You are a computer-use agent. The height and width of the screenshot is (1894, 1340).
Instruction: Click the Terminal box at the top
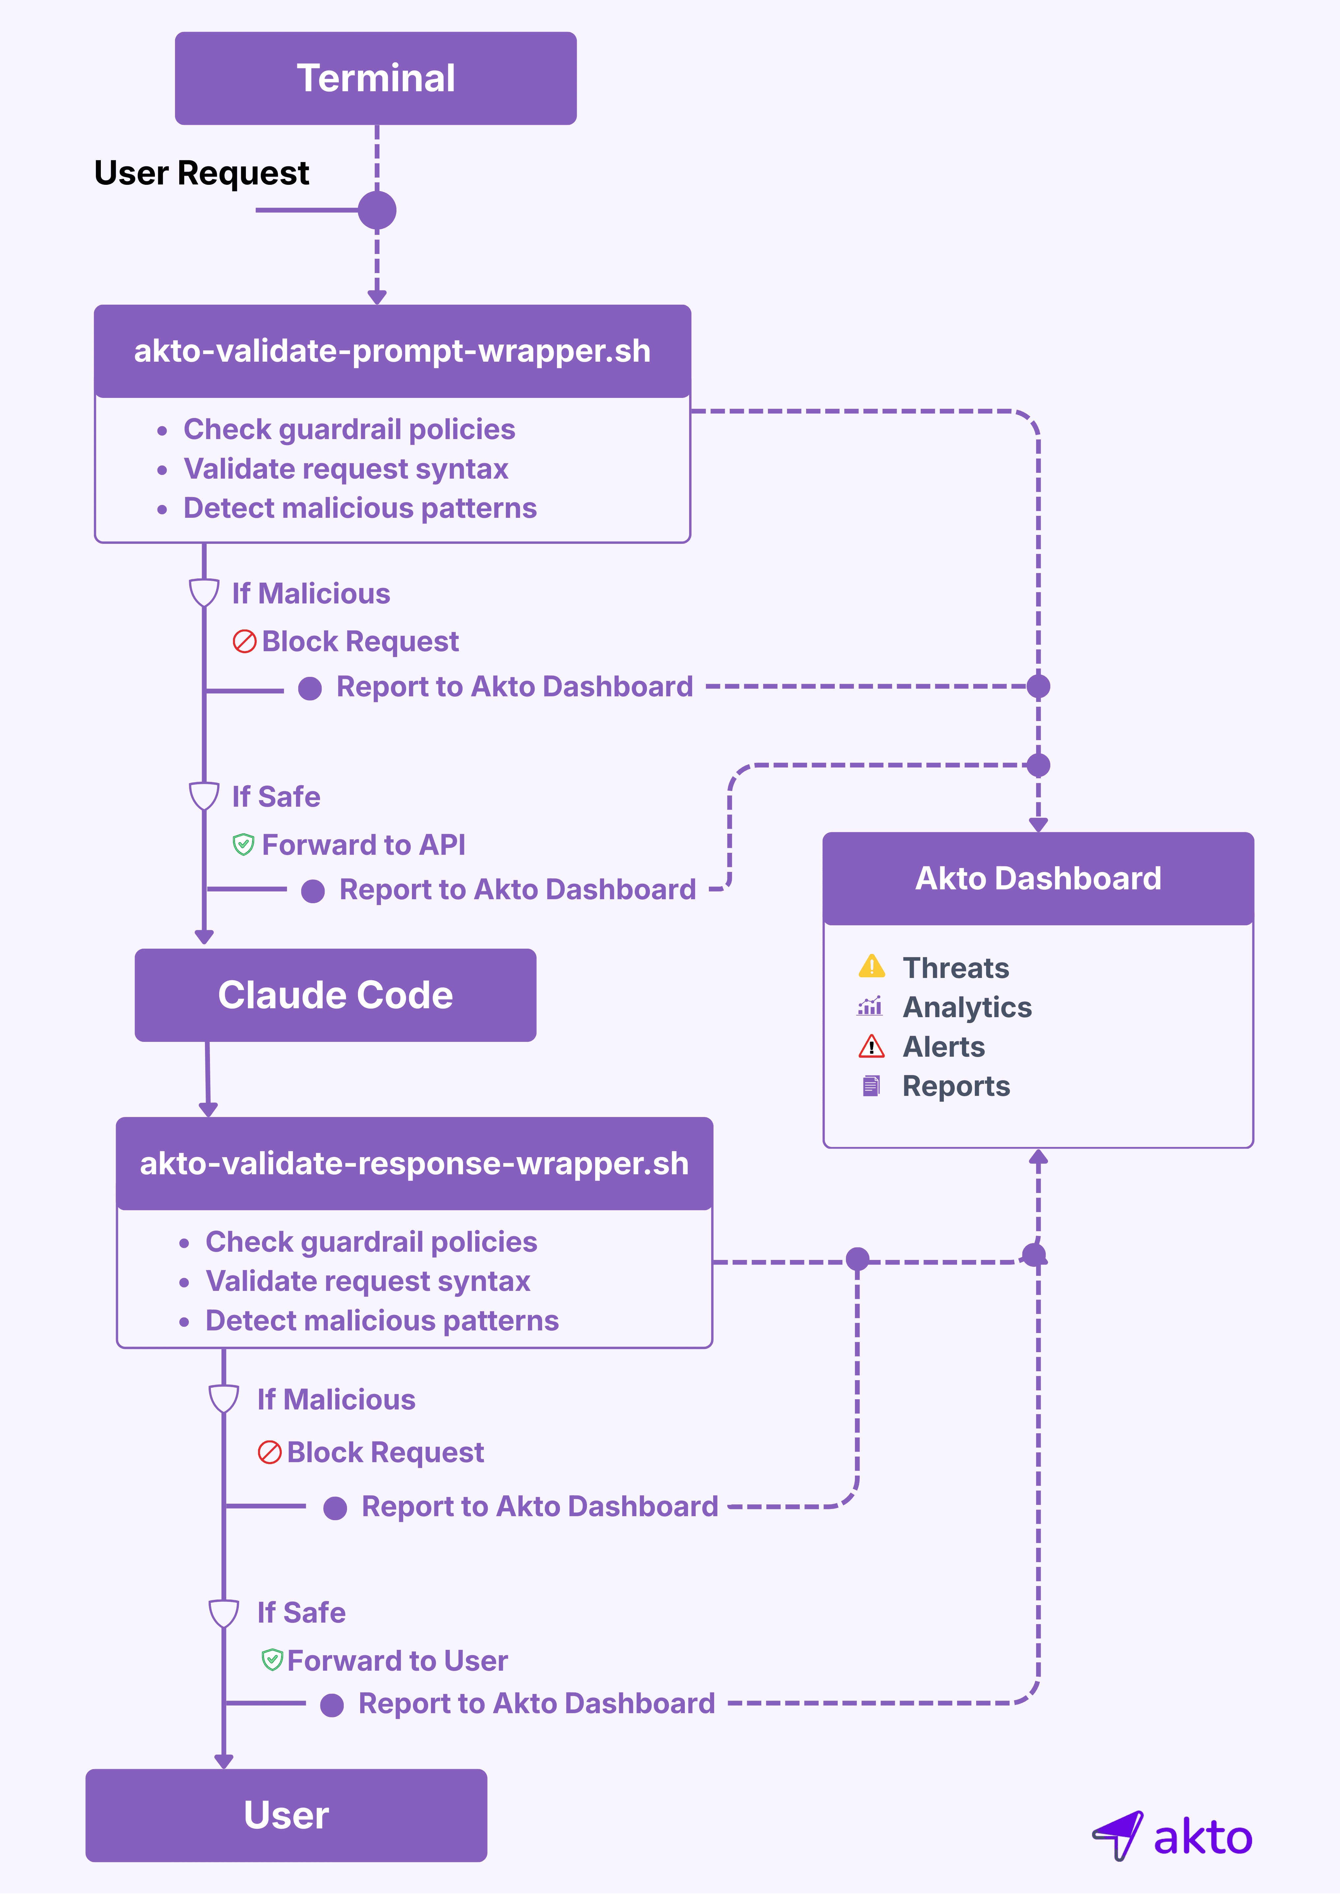click(x=375, y=78)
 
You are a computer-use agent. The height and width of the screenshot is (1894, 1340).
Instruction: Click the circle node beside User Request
click(x=377, y=210)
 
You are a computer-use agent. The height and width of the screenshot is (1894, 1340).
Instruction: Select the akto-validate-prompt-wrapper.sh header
click(x=392, y=351)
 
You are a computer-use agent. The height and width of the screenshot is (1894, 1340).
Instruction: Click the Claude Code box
click(x=335, y=995)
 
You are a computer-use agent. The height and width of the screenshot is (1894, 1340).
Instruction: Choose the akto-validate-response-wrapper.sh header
click(x=414, y=1164)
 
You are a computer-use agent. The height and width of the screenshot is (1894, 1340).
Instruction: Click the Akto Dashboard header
click(x=1038, y=878)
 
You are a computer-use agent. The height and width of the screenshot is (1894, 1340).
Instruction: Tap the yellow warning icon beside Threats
click(x=871, y=966)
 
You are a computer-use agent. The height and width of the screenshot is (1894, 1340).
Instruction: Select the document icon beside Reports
click(x=870, y=1086)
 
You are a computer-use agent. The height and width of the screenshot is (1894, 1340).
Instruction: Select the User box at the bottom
click(x=286, y=1815)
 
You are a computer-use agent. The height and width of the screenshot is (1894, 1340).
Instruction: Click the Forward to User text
click(x=397, y=1660)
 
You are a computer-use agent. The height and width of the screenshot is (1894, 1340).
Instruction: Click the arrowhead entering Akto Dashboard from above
click(x=1038, y=824)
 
